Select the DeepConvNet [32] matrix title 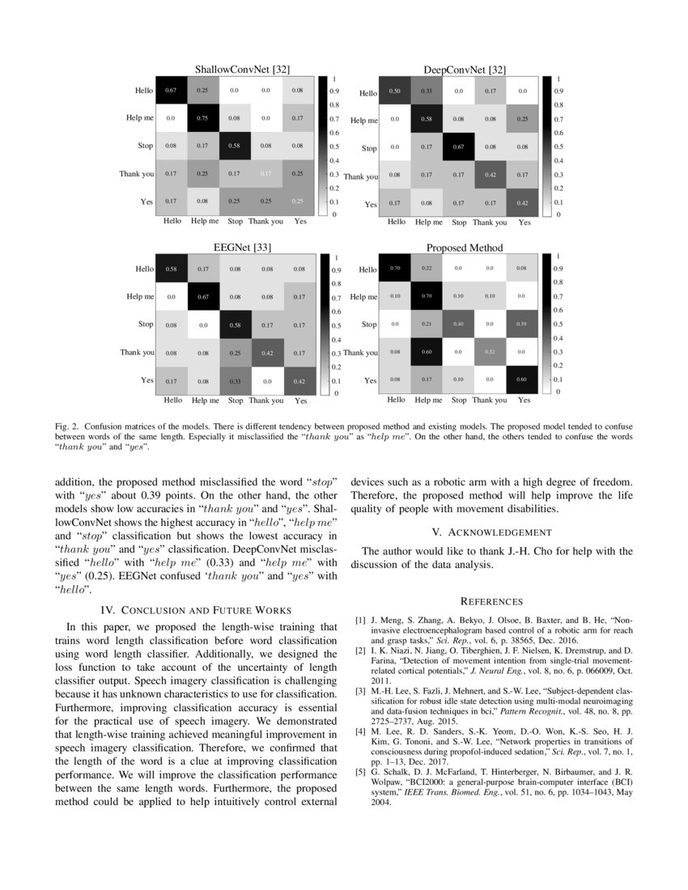tap(465, 70)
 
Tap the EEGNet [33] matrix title tap(235, 248)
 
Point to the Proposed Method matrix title tap(465, 248)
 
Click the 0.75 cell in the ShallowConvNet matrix tap(203, 117)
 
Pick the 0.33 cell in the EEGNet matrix tap(236, 380)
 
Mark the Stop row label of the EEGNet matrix tap(145, 324)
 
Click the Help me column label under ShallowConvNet tap(204, 221)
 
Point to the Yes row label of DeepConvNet tap(370, 205)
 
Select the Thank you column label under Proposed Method tap(490, 400)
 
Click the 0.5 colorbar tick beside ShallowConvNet tap(334, 146)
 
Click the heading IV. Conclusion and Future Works tap(196, 609)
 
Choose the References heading tap(491, 601)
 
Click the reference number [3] tap(360, 690)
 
